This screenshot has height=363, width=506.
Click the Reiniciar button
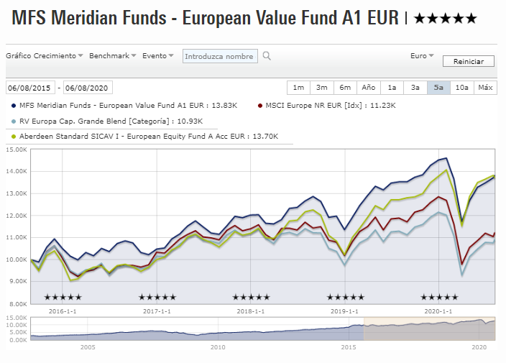pos(469,61)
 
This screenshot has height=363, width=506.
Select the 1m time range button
pos(298,88)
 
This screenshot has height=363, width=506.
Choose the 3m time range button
pos(321,88)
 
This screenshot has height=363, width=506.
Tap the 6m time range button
pos(345,88)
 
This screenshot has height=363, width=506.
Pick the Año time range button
pos(368,88)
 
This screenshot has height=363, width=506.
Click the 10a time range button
pos(461,88)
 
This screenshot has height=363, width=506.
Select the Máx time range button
pos(485,88)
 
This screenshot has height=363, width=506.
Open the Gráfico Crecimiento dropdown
pos(45,55)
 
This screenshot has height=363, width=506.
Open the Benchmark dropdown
pos(113,55)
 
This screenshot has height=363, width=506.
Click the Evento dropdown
pos(157,55)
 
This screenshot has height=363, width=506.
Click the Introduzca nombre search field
pos(219,56)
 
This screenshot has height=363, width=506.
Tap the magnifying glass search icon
pos(267,56)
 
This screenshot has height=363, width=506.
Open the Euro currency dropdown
pos(421,55)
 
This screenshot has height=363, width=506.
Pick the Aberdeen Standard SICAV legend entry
pos(148,136)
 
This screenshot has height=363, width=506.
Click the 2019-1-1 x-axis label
pos(345,311)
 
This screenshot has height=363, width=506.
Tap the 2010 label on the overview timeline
pos(218,347)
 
